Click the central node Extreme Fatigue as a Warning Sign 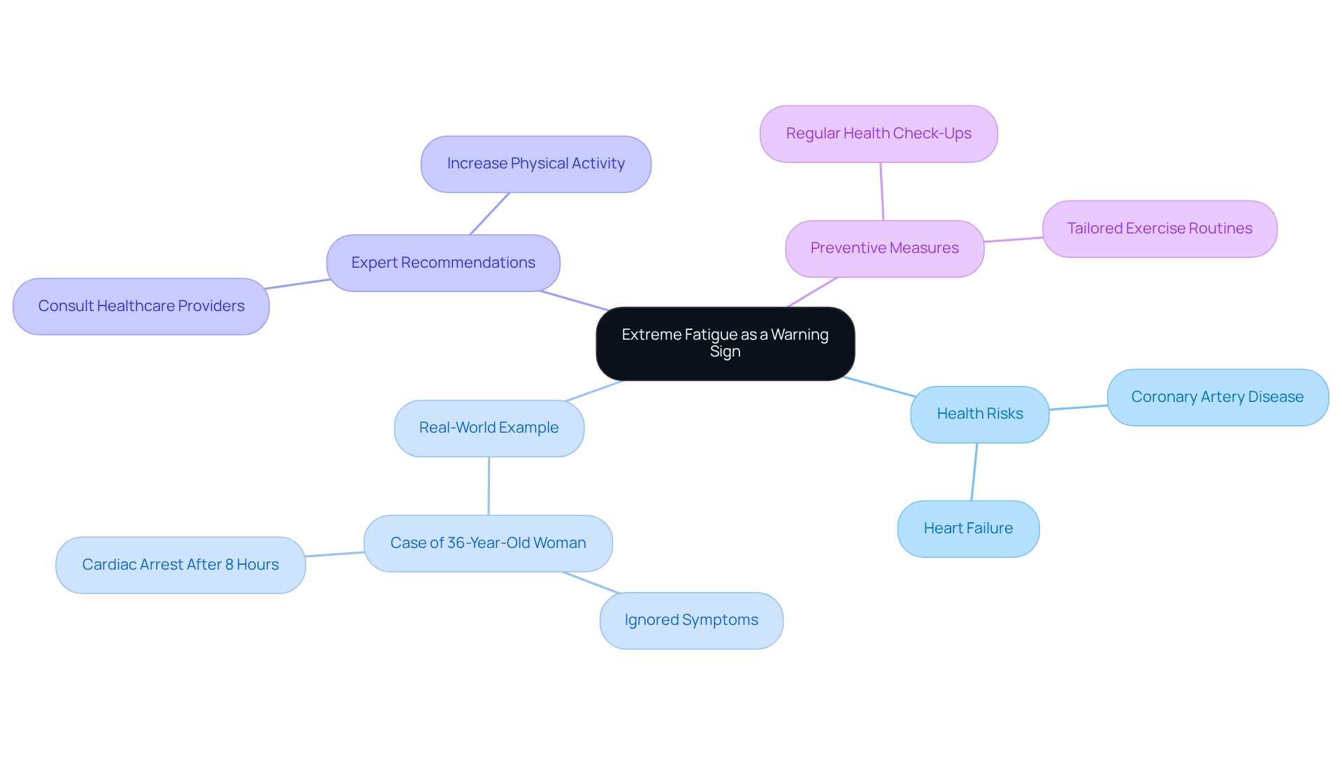point(725,343)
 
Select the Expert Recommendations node point(443,263)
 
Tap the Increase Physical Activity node point(535,164)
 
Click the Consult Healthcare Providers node point(141,306)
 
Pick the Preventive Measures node point(884,248)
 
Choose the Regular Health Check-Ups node point(878,134)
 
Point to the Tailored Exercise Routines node point(1159,229)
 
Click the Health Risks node point(979,414)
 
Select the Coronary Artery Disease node point(1217,397)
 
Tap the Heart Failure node point(967,528)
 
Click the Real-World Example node point(489,428)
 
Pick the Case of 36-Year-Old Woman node point(488,543)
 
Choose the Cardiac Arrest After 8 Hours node point(180,565)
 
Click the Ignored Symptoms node point(691,620)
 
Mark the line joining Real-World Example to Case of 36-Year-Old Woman point(489,486)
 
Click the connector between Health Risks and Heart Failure point(974,472)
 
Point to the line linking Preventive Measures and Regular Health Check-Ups point(882,192)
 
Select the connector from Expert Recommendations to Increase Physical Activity point(489,214)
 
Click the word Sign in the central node point(725,352)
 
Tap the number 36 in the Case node point(456,543)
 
